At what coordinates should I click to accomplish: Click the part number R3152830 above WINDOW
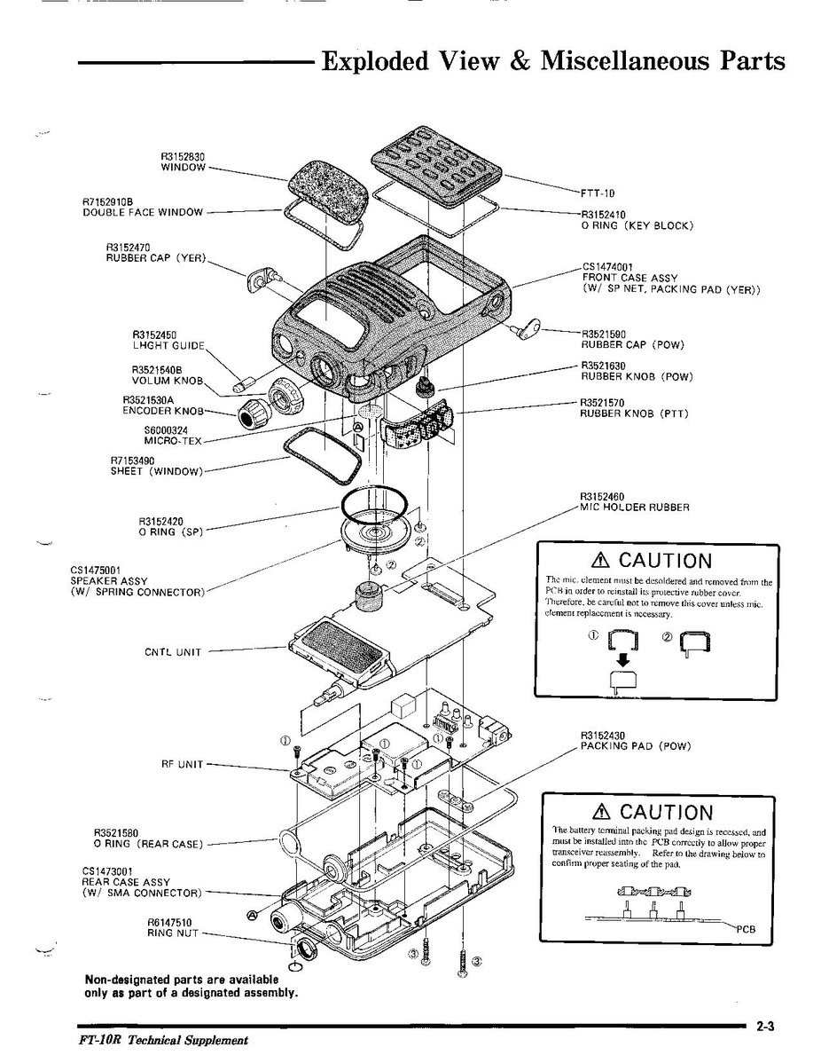point(183,156)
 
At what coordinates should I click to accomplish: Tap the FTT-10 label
point(598,193)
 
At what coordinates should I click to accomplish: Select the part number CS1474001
point(607,266)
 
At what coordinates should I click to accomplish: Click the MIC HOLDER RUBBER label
point(634,508)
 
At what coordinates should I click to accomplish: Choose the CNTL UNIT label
point(173,652)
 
